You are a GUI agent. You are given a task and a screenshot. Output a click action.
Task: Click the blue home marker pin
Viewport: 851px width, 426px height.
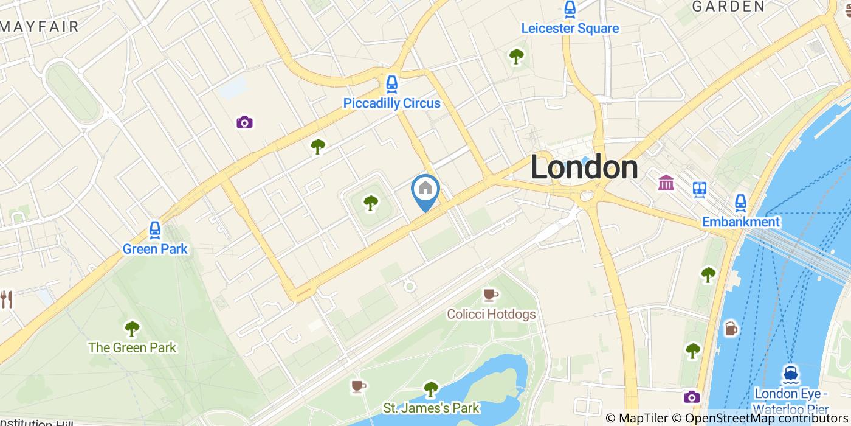click(425, 190)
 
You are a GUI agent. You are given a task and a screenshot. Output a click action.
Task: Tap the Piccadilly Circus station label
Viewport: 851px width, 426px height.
click(391, 103)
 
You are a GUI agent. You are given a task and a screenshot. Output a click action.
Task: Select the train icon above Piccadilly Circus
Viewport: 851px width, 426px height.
click(391, 84)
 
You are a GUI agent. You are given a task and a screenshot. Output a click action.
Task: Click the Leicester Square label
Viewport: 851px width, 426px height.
click(570, 29)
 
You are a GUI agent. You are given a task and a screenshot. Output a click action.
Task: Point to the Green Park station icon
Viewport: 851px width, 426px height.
click(155, 230)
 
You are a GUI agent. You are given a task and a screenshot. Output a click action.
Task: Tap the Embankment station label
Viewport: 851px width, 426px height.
click(740, 222)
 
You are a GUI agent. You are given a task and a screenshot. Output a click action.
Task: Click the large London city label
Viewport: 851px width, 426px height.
click(584, 167)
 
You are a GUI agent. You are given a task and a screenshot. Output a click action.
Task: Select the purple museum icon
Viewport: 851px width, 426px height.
click(666, 182)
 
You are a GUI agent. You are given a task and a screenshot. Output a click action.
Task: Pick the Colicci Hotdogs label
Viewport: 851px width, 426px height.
click(491, 314)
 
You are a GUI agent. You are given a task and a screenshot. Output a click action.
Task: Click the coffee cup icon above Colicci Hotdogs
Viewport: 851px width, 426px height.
click(489, 295)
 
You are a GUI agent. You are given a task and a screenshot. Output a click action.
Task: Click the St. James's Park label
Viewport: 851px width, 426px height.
click(430, 408)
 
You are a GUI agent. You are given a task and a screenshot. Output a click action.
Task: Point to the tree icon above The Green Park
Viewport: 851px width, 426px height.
click(132, 329)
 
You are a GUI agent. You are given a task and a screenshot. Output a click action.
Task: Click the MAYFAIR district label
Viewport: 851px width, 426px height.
click(40, 27)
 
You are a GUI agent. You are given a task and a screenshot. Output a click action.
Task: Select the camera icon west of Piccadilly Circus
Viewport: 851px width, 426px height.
click(244, 122)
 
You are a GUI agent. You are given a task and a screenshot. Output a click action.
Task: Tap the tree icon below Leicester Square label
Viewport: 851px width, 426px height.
click(516, 57)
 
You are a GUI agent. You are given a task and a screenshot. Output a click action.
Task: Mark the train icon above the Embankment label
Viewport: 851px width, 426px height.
click(740, 203)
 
